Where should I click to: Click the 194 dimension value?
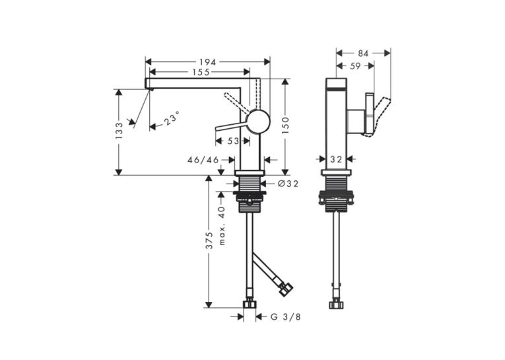[207, 62]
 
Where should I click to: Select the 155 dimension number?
[201, 72]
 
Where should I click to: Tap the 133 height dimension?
[119, 131]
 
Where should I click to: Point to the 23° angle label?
[172, 118]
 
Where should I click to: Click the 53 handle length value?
[233, 141]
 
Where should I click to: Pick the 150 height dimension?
[285, 126]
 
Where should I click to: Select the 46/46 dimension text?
[203, 160]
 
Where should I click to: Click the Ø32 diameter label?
[288, 184]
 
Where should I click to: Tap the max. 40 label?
[222, 226]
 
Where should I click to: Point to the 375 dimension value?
[209, 240]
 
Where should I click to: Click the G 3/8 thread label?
[285, 317]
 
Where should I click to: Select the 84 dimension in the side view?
[363, 54]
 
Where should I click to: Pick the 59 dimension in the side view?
[355, 66]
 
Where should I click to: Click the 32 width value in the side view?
[336, 159]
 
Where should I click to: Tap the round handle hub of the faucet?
[258, 121]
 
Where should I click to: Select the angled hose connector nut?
[286, 289]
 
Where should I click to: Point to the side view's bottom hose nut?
[337, 304]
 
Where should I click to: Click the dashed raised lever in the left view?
[237, 103]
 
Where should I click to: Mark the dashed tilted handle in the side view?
[381, 117]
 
